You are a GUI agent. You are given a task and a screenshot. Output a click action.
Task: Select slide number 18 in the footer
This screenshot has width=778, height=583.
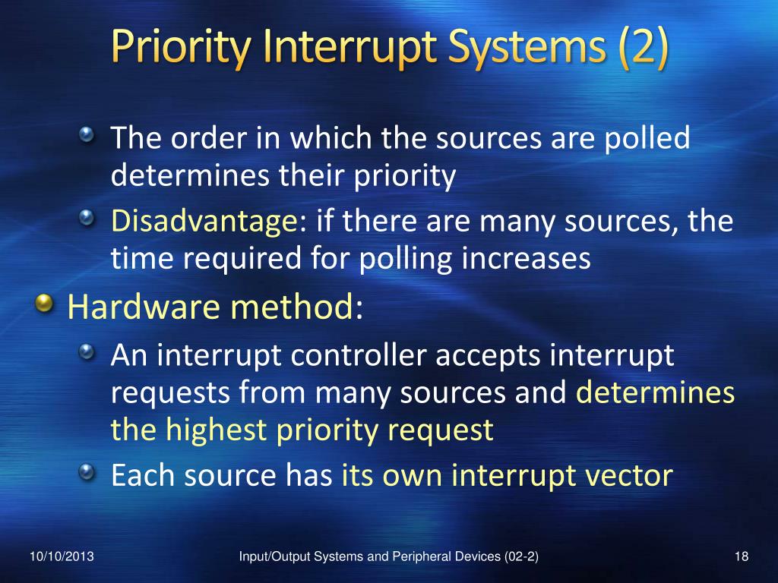(742, 557)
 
